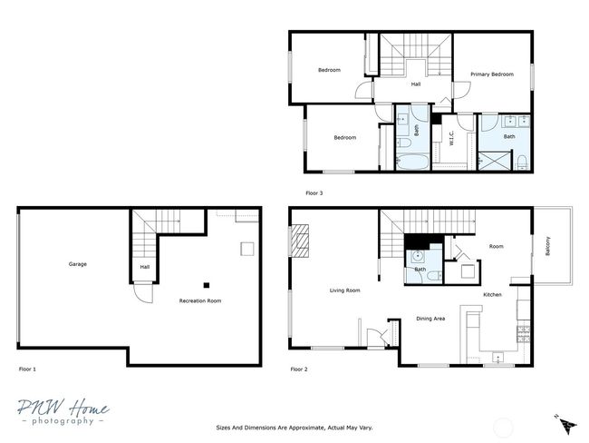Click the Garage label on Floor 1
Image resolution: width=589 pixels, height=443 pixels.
click(77, 264)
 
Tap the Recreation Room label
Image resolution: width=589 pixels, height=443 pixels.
click(200, 300)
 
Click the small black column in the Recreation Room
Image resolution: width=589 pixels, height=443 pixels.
click(206, 284)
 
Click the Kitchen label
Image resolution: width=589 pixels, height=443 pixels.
click(492, 294)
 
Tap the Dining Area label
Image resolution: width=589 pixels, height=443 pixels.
click(430, 319)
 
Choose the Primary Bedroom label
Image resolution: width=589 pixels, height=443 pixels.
click(491, 74)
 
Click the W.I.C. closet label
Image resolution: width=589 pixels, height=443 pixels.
click(449, 139)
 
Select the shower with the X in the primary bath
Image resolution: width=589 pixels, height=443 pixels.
click(495, 161)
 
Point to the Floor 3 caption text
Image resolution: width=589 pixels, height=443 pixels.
click(314, 192)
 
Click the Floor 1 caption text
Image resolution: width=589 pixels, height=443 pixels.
click(28, 369)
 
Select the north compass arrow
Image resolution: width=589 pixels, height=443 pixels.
click(566, 424)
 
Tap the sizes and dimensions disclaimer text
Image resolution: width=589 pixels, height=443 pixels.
click(294, 427)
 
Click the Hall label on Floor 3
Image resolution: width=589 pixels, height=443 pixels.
click(416, 84)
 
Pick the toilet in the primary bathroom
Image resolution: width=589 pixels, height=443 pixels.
click(523, 162)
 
